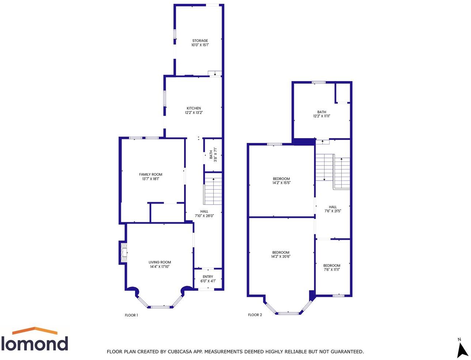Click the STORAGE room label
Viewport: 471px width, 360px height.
coord(200,41)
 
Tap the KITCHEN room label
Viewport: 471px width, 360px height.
coord(194,108)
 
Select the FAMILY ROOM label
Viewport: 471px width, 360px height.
coord(150,174)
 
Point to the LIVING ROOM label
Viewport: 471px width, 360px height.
coord(160,262)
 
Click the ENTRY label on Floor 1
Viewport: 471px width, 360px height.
coord(208,277)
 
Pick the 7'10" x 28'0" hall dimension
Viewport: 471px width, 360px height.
coord(204,216)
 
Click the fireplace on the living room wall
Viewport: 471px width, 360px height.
coord(123,252)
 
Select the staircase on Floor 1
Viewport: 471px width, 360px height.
coord(213,189)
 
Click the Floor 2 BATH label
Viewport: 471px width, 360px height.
coord(322,112)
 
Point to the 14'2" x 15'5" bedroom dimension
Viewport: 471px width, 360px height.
coord(281,183)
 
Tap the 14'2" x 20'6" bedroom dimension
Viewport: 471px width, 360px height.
coord(281,257)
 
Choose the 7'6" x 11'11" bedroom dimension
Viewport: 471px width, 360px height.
coord(332,270)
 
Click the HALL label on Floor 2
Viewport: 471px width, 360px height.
coord(333,207)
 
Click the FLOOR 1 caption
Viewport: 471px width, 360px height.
coord(131,315)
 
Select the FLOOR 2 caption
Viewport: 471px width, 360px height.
coord(255,315)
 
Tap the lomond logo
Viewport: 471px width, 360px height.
coord(35,339)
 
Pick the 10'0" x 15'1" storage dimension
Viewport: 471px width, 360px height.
coord(200,45)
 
